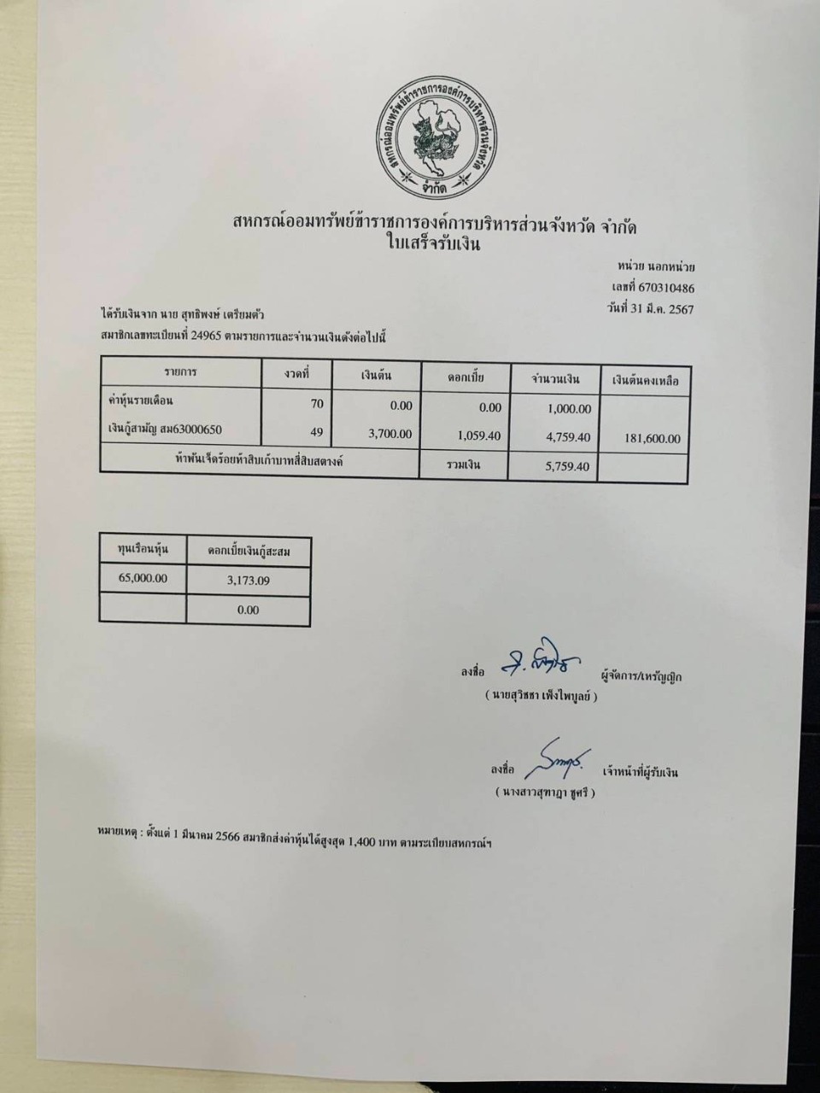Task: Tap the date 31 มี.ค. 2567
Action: [x=658, y=308]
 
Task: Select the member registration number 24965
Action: [x=208, y=336]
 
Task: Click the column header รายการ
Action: [x=180, y=372]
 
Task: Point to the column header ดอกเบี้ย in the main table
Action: [x=466, y=377]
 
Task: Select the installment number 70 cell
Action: [x=317, y=405]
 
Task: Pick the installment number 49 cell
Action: [x=317, y=433]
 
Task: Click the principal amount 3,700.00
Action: [x=389, y=434]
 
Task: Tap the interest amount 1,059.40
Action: [x=478, y=435]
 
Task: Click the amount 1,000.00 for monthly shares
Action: [x=568, y=409]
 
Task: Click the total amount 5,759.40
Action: [x=567, y=467]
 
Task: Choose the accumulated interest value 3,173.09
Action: [x=249, y=581]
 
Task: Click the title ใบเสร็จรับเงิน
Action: [x=434, y=245]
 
